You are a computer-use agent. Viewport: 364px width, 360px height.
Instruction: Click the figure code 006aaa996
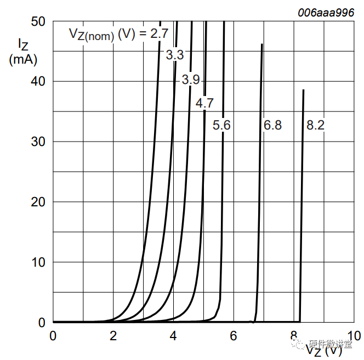click(326, 13)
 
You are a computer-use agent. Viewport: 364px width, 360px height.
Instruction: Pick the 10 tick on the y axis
click(38, 262)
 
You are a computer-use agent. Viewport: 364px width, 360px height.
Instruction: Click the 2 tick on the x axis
click(113, 335)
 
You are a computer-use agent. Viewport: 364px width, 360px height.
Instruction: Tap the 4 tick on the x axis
click(173, 335)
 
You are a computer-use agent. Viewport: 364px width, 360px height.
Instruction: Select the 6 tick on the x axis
click(234, 335)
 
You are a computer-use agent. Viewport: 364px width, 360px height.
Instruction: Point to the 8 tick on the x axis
click(294, 335)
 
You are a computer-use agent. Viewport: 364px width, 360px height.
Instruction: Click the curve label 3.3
click(174, 55)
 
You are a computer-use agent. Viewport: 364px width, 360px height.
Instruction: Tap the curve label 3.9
click(191, 80)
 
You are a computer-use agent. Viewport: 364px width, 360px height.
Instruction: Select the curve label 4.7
click(204, 103)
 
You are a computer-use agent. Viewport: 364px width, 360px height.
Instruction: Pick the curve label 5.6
click(221, 126)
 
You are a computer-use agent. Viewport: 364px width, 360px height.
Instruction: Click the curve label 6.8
click(272, 126)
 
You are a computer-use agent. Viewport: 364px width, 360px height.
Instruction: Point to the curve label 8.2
click(315, 126)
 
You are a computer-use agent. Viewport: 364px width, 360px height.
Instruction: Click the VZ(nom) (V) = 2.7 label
click(118, 34)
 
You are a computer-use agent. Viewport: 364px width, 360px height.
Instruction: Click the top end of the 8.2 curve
click(303, 90)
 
